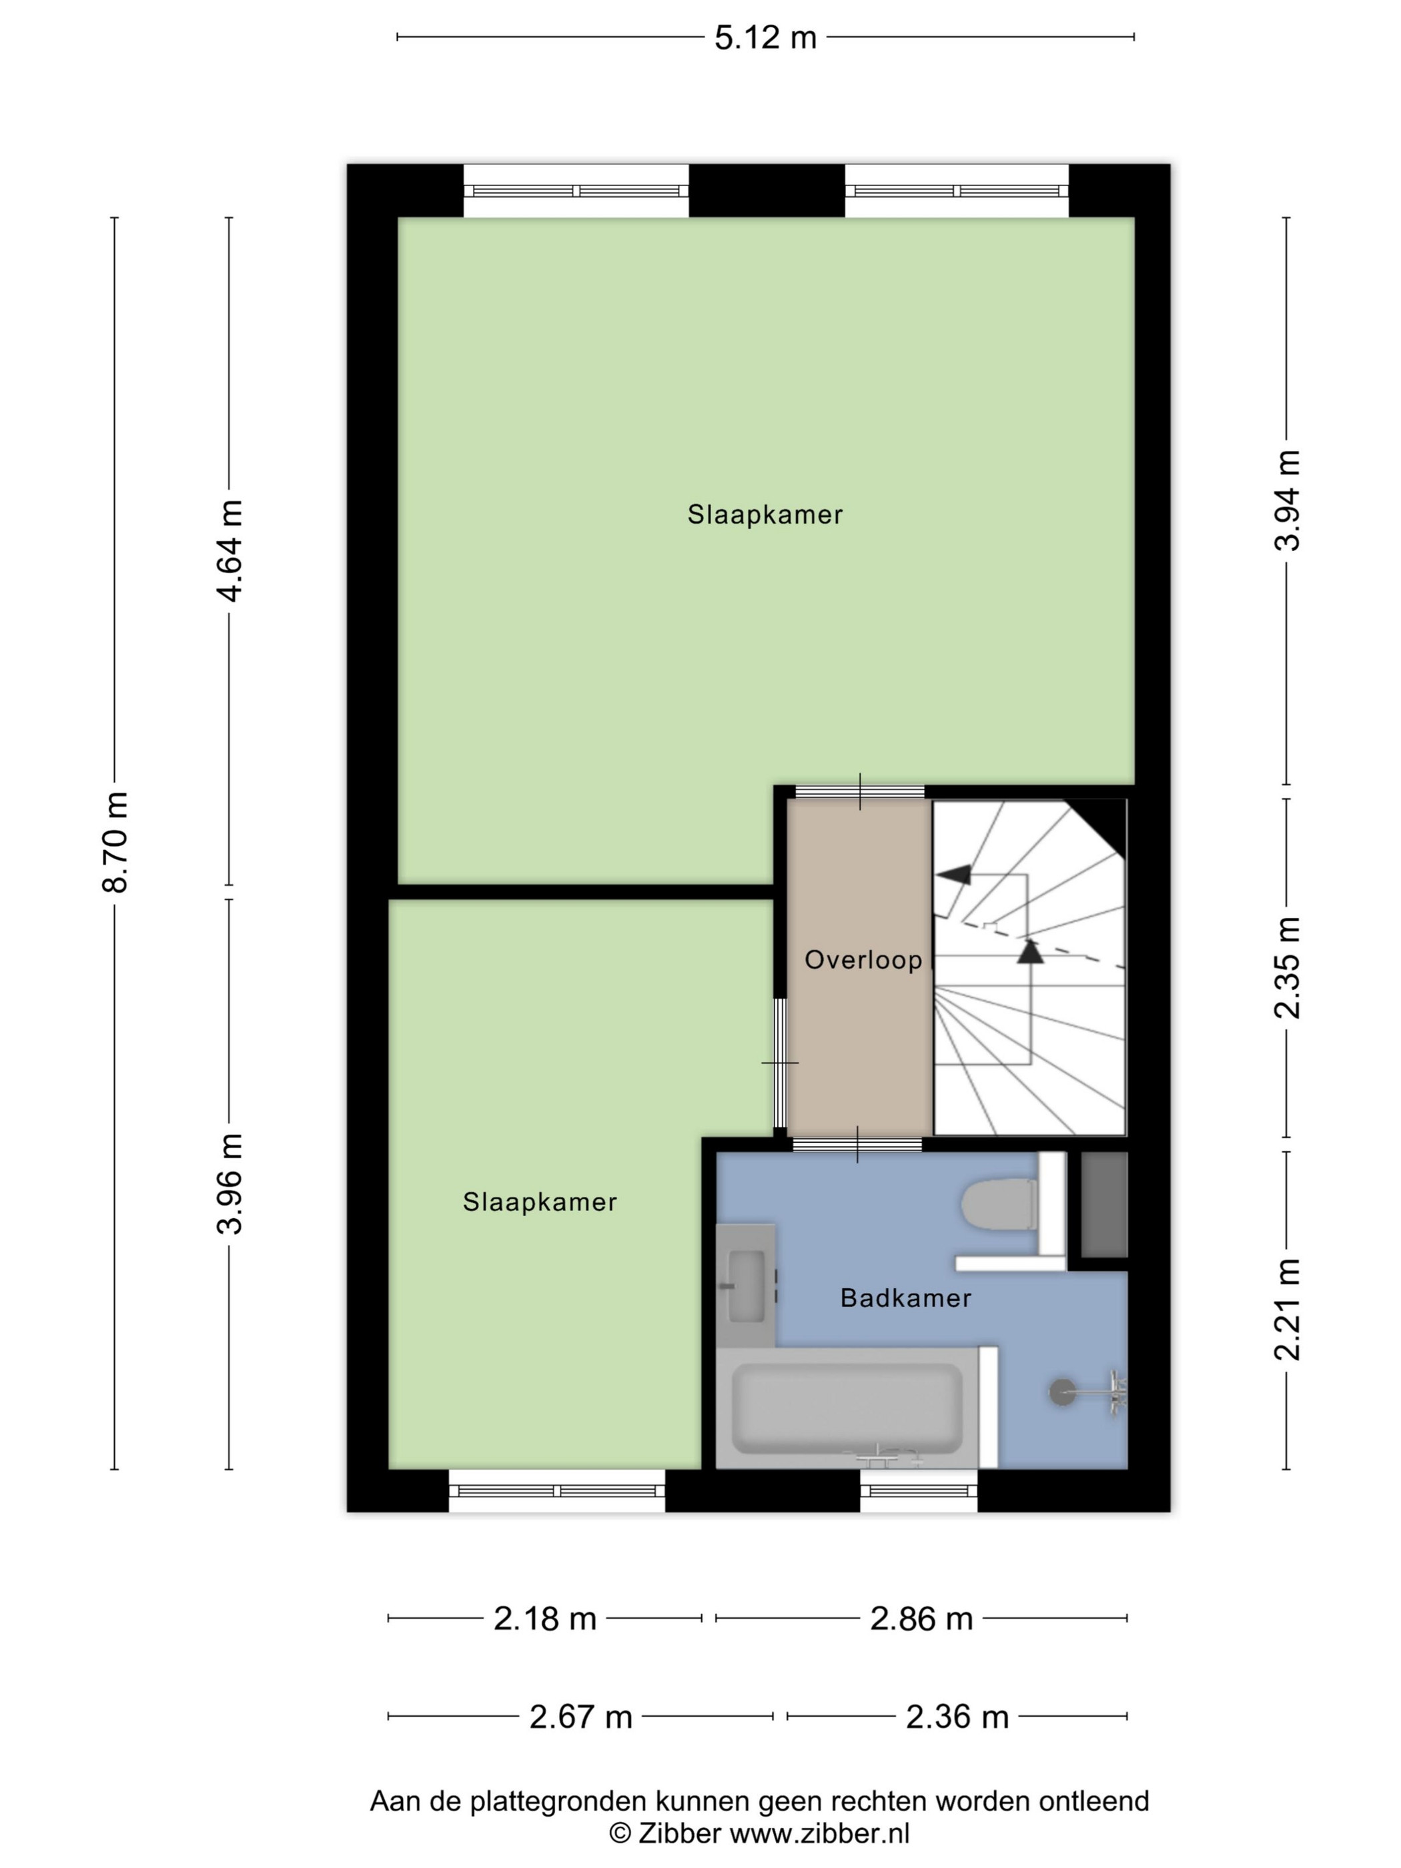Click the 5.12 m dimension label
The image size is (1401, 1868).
tap(765, 38)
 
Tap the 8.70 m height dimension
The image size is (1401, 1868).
tap(115, 842)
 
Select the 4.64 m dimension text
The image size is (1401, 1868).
tap(229, 550)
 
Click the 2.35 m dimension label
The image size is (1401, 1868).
tap(1287, 968)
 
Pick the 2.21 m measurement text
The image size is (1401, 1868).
tap(1287, 1310)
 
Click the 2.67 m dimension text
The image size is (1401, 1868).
tap(581, 1717)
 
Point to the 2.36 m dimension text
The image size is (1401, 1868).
tap(957, 1717)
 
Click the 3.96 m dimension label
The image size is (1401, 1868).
tap(229, 1184)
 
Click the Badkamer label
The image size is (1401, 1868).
tap(905, 1298)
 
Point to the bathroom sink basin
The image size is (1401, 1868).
tap(747, 1286)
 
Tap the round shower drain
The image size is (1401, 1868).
tap(1062, 1392)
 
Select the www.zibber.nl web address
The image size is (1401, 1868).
tap(819, 1834)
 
